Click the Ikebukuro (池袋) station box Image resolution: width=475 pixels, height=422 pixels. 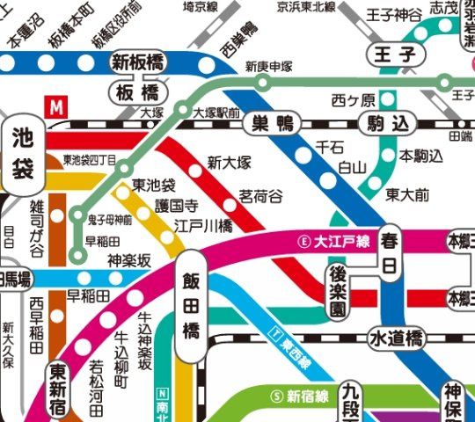pos(25,154)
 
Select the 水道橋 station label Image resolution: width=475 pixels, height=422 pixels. pos(397,338)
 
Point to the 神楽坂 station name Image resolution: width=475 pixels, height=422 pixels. pos(130,260)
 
